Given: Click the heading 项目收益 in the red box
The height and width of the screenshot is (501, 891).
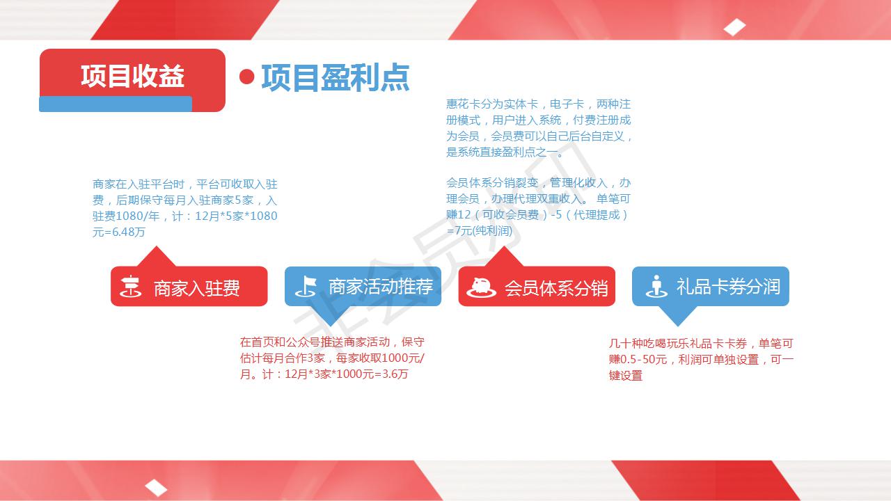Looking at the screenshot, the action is click(x=132, y=76).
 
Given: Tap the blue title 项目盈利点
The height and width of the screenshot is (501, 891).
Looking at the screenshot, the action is click(x=336, y=77).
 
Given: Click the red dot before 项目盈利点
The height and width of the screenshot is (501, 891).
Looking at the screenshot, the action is click(x=247, y=77).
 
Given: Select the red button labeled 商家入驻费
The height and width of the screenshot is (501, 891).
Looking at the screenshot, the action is click(x=189, y=286).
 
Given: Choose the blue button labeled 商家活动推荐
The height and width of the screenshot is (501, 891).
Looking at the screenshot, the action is click(x=363, y=286).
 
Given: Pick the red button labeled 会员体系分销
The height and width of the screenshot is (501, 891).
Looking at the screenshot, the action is click(x=537, y=286).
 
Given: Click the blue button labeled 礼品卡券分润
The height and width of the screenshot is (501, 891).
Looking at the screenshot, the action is click(x=711, y=286).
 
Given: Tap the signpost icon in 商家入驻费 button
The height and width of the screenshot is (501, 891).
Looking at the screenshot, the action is click(x=130, y=286).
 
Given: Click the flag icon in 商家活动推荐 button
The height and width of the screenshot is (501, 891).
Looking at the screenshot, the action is click(x=306, y=286).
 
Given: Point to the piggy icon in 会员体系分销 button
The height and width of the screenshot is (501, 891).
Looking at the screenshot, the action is click(x=481, y=287).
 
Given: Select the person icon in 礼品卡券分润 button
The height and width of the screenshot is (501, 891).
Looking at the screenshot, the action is click(x=656, y=286).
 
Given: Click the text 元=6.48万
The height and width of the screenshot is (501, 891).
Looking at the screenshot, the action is click(x=118, y=232).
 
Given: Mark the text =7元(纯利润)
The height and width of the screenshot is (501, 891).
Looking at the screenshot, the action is click(x=480, y=230).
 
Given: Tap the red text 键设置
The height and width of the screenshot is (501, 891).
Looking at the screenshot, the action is click(x=625, y=375).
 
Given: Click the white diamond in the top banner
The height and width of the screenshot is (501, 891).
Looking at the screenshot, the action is click(x=734, y=27).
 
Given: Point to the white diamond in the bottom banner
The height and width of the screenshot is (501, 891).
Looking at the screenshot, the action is click(x=156, y=488).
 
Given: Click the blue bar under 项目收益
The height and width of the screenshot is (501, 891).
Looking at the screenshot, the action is click(x=116, y=104).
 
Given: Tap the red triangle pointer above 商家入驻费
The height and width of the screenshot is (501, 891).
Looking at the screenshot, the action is click(x=157, y=257).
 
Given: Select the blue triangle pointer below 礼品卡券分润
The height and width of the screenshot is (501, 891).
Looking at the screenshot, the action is click(x=678, y=316).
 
